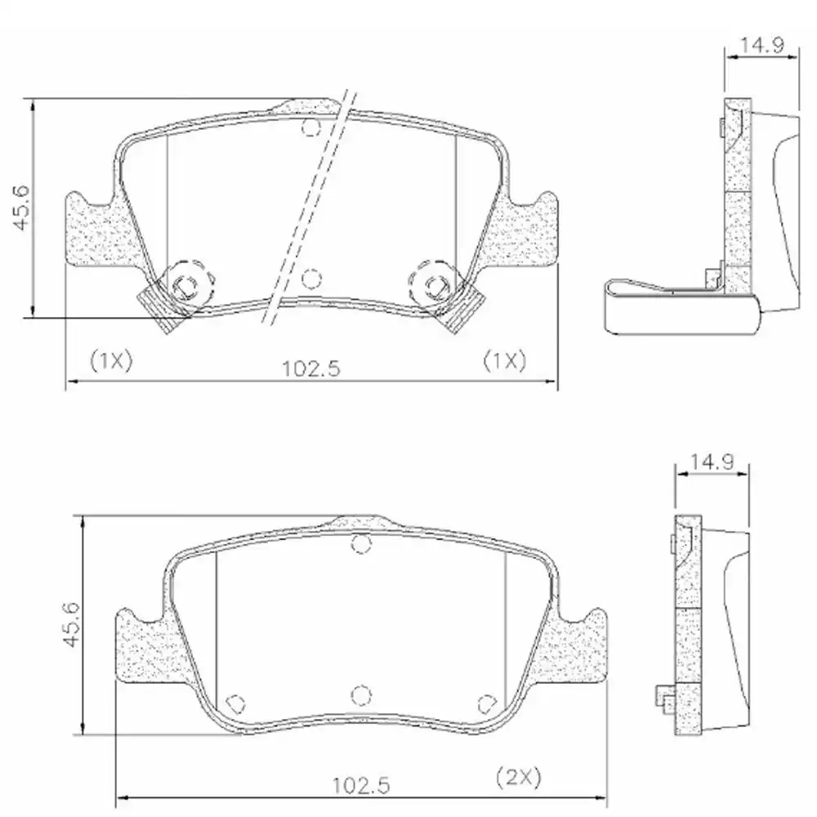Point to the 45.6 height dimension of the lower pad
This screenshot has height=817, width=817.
click(x=72, y=624)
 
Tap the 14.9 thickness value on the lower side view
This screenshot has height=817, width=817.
click(x=708, y=462)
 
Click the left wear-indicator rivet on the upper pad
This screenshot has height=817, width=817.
click(x=185, y=283)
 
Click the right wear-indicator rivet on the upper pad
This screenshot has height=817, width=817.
click(x=434, y=283)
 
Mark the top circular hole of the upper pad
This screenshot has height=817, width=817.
click(x=310, y=127)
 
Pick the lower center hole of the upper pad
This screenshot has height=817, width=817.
click(x=310, y=279)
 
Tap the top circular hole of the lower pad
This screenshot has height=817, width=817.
click(x=360, y=543)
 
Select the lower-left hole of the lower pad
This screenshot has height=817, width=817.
click(x=235, y=703)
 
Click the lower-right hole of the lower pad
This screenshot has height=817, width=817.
click(x=485, y=703)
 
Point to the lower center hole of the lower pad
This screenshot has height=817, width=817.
click(x=360, y=694)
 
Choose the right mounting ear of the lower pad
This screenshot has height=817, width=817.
click(x=582, y=645)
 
